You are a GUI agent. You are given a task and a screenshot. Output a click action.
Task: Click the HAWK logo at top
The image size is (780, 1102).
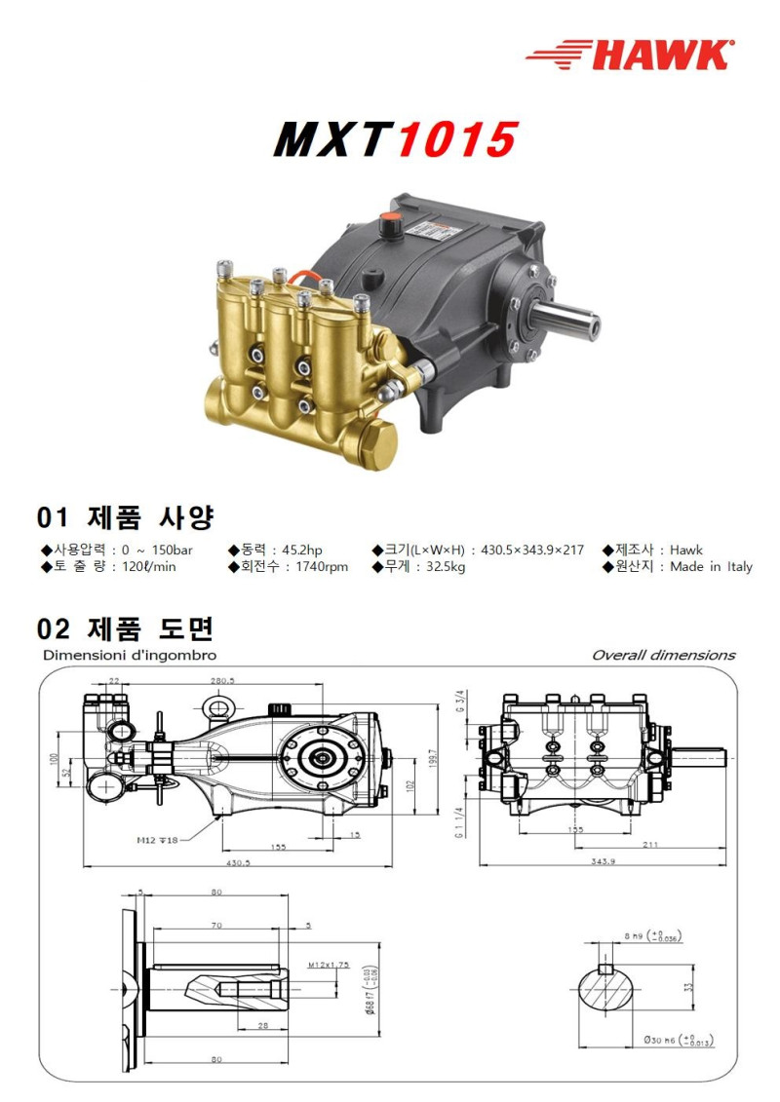[629, 54]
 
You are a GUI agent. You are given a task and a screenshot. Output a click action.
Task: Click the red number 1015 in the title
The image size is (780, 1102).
[455, 140]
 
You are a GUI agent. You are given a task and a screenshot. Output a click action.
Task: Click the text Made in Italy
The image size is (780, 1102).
[711, 567]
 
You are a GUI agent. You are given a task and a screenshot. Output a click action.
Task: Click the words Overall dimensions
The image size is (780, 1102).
[663, 655]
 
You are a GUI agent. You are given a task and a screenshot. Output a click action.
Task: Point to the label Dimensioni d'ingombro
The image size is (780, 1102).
[130, 655]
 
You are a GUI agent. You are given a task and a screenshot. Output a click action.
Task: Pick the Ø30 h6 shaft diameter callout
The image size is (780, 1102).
[672, 1041]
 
